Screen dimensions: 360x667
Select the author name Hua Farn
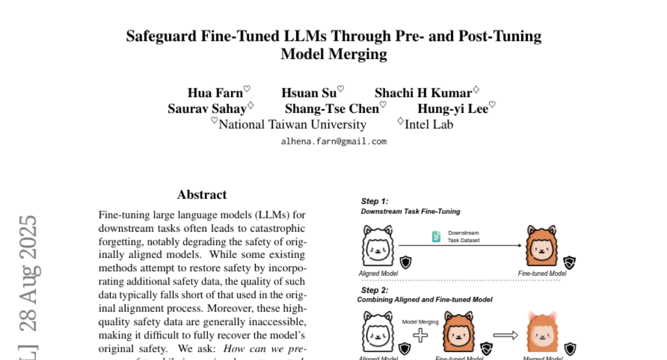click(x=215, y=93)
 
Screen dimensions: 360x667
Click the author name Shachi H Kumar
click(x=423, y=93)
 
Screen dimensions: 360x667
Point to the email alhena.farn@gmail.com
click(x=333, y=141)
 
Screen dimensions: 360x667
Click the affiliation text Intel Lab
click(x=429, y=124)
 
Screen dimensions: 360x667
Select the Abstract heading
click(x=202, y=194)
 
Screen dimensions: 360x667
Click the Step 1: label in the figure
click(x=375, y=201)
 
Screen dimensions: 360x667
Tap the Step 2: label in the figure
click(x=375, y=290)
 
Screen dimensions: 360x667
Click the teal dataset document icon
click(x=436, y=237)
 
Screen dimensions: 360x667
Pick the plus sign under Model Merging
click(x=420, y=335)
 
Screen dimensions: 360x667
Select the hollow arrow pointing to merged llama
click(x=505, y=334)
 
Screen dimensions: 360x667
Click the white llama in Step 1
click(x=377, y=246)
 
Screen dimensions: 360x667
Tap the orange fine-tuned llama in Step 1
click(x=541, y=246)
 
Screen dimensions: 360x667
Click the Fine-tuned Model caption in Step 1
click(x=542, y=273)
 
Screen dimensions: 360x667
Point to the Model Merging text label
click(x=420, y=322)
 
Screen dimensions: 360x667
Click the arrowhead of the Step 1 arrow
click(x=520, y=245)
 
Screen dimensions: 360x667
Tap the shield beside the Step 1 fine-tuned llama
click(x=569, y=262)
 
